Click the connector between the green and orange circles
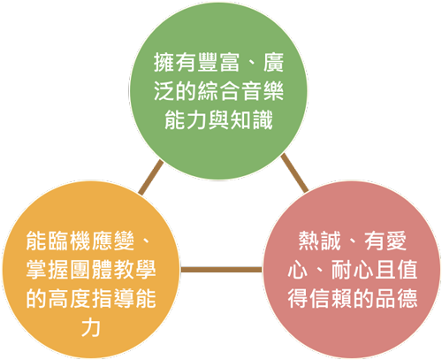click(x=151, y=177)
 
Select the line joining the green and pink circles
click(x=294, y=172)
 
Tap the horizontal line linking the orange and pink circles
click(x=221, y=270)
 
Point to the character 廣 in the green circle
click(x=274, y=63)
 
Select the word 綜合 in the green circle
click(x=218, y=91)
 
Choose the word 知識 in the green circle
click(x=251, y=120)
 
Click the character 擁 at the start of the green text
click(x=164, y=63)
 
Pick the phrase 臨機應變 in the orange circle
click(x=91, y=241)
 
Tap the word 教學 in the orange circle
click(x=134, y=270)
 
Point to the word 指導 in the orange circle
click(x=112, y=298)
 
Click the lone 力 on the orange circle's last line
click(x=91, y=327)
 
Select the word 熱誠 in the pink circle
click(x=319, y=241)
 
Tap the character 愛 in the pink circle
click(x=396, y=241)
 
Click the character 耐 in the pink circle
click(x=342, y=270)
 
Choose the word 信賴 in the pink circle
click(x=331, y=298)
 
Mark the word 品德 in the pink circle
click(x=397, y=298)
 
